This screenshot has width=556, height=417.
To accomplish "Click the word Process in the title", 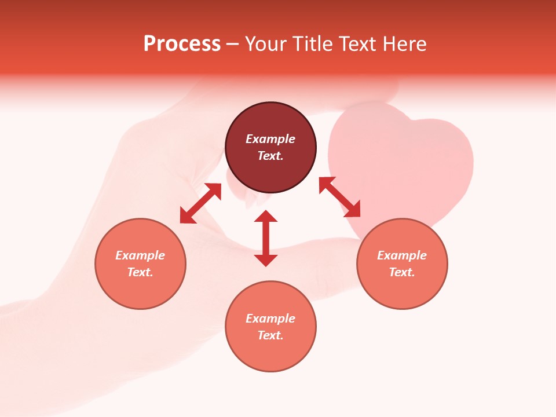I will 182,44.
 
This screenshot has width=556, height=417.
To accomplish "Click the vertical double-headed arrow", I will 266,238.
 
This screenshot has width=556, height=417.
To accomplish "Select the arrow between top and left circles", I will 200,203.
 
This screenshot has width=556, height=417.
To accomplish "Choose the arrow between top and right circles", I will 339,197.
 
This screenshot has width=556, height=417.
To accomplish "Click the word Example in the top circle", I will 270,139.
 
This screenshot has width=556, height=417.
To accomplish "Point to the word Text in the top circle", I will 270,156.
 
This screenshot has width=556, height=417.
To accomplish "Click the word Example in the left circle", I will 140,255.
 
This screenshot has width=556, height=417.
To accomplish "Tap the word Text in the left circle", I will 140,272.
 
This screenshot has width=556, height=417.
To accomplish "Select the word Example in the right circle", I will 402,255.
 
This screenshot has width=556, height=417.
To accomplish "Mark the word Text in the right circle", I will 402,272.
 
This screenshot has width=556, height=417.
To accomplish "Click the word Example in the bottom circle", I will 270,319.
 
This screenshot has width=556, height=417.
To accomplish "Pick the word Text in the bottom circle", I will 270,335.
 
